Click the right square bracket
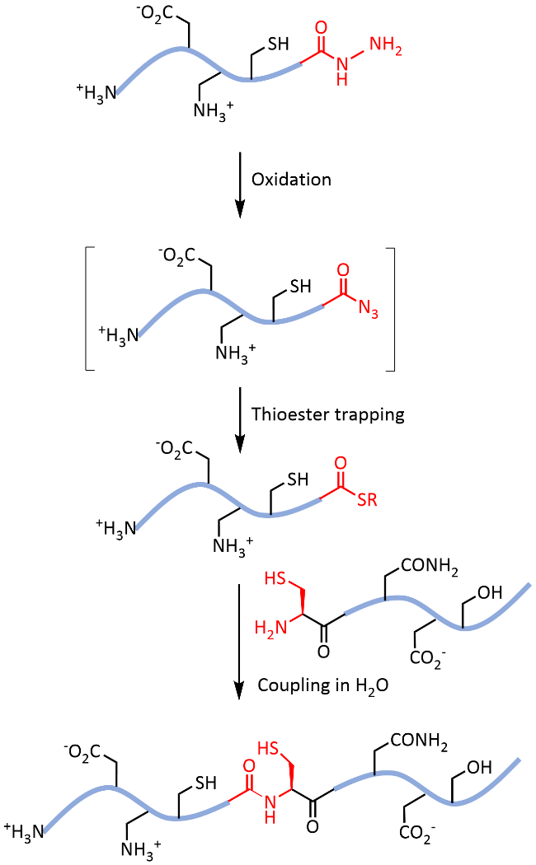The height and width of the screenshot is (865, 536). [x=393, y=307]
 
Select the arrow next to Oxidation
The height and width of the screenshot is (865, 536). [x=238, y=184]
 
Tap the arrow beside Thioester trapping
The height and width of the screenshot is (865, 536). [x=238, y=420]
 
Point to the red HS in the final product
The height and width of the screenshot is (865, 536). [x=269, y=747]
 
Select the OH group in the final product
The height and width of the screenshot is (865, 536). [x=479, y=769]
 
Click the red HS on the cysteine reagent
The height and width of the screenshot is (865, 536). [x=275, y=582]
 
